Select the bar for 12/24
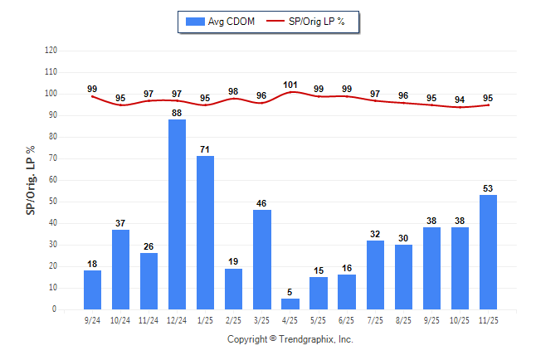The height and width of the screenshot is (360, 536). coord(178,214)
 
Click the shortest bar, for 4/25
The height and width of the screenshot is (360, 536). coord(290,304)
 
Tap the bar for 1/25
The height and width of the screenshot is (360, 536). coord(206,232)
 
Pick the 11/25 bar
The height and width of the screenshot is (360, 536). coord(488,251)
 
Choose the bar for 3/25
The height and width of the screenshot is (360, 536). coord(262,259)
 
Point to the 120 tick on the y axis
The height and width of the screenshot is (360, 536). coord(51,51)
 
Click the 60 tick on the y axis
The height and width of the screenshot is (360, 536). coord(53,180)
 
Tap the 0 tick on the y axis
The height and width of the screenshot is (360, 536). coord(55,309)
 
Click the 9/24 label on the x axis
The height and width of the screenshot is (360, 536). coord(93,319)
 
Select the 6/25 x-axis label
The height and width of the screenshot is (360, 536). coord(347,319)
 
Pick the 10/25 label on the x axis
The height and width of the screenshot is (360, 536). coord(460,319)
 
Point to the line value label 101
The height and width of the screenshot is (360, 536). coord(290,85)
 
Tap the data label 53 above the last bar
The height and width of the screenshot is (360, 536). coord(488,188)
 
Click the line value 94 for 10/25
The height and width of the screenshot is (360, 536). coord(460,100)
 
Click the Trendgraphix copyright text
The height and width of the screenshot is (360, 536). coord(290,339)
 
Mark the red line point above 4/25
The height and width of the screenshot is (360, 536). coord(290,92)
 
